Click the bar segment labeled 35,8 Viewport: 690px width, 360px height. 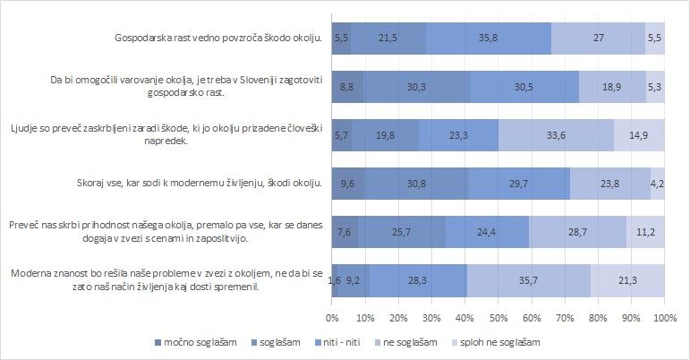(x=489, y=39)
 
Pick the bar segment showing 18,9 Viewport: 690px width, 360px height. (x=612, y=86)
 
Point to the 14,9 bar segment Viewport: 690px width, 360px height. (x=639, y=136)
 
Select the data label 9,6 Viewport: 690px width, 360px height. (x=348, y=184)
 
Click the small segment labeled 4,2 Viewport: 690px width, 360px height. (x=657, y=184)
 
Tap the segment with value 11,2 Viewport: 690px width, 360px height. (x=646, y=231)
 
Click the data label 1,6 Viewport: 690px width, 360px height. (x=336, y=280)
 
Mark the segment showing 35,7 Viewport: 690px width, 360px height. (x=528, y=280)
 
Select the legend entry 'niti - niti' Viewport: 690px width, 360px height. (x=355, y=343)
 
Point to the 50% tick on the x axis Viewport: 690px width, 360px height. (x=498, y=318)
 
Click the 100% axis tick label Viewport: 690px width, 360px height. (x=664, y=318)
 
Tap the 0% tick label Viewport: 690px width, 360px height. (x=332, y=318)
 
